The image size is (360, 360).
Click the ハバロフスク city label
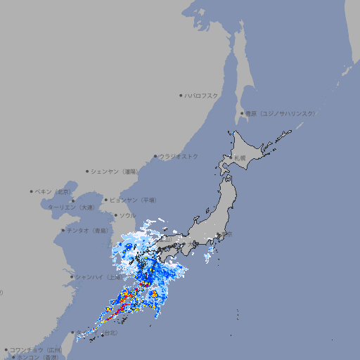tap(202, 96)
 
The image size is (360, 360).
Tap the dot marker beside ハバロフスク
tap(181, 96)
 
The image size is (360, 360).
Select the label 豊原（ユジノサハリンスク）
tap(281, 113)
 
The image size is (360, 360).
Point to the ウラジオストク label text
tap(179, 157)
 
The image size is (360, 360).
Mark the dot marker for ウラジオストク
tap(155, 157)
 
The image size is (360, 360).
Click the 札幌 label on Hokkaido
tap(240, 158)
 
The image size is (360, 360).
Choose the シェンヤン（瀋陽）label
tap(116, 171)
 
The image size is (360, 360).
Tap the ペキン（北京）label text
tap(54, 191)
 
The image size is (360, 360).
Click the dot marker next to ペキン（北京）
tap(32, 191)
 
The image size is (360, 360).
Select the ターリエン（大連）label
tap(71, 207)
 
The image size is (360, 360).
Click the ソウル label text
tap(127, 215)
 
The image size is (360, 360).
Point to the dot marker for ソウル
tap(115, 215)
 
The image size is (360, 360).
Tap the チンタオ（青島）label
tap(88, 231)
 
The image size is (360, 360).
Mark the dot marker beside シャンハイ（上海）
tap(72, 277)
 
